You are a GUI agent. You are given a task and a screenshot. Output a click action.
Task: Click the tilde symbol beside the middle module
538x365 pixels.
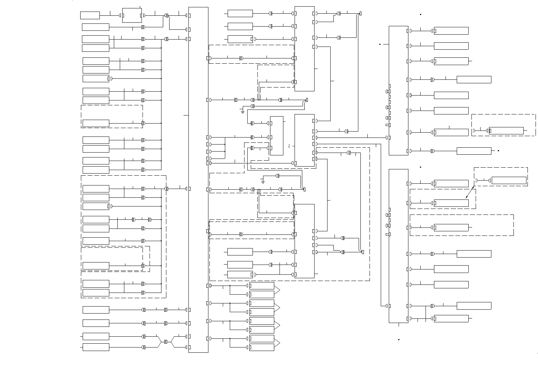pos(289,146)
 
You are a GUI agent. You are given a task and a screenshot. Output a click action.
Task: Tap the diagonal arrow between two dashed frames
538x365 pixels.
pos(470,192)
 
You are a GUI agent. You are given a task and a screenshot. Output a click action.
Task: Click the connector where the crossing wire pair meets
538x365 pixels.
pos(166,342)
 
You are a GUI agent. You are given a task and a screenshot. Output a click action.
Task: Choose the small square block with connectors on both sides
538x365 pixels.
pos(132,15)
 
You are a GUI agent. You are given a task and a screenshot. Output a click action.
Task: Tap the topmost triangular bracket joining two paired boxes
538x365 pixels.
pos(277,290)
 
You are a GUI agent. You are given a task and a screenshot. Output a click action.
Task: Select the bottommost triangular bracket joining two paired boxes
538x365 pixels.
pos(277,343)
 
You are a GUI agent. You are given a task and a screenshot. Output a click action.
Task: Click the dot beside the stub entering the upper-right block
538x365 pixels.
pos(380,44)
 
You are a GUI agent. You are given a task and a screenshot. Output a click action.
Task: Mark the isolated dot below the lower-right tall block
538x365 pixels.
pos(399,339)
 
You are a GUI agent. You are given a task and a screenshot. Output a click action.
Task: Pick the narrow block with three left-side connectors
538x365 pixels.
pos(277,135)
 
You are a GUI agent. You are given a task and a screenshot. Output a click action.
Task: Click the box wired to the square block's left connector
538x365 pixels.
pos(90,15)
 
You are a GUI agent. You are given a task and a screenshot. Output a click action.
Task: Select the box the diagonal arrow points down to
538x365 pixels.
pos(451,203)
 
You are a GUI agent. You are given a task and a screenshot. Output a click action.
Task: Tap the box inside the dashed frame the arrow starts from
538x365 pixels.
pos(509,181)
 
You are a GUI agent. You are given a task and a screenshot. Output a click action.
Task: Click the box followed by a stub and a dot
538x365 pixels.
pos(474,151)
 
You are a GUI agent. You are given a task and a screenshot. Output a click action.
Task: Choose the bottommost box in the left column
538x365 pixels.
pos(96,347)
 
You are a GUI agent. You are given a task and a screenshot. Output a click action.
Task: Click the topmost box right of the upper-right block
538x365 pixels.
pos(451,31)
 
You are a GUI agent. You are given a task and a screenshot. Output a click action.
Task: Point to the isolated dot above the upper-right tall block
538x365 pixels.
pos(420,15)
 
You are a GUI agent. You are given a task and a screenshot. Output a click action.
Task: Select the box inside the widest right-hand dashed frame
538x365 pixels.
pos(451,227)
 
